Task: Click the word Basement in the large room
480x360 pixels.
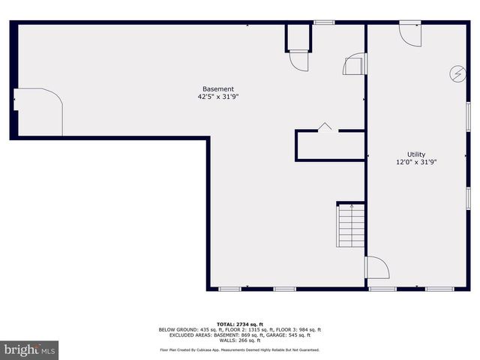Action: [218, 88]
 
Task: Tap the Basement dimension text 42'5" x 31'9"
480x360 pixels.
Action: [218, 97]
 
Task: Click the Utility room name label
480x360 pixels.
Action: [416, 154]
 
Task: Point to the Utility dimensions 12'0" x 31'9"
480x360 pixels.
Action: [416, 162]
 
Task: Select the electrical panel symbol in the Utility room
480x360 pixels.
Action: [456, 73]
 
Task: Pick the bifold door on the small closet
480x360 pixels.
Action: [325, 127]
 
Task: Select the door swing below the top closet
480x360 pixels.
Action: [298, 61]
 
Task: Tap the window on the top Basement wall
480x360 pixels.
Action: [324, 22]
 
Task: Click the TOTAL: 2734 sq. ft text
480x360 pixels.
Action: [239, 324]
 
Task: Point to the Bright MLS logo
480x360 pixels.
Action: [30, 349]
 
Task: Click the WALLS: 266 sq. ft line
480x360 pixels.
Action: [239, 340]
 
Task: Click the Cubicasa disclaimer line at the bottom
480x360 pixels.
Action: [239, 349]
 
